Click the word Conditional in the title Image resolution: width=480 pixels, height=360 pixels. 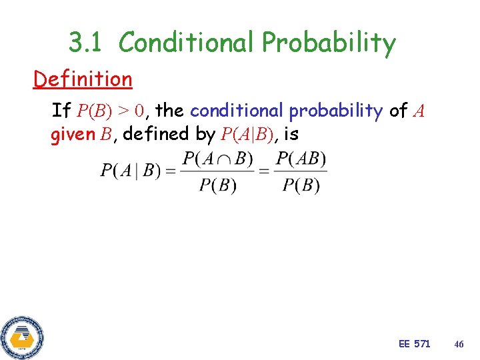[x=187, y=43]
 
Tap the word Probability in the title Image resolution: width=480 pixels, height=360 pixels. [x=329, y=43]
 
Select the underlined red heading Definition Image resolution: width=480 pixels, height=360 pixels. [x=83, y=79]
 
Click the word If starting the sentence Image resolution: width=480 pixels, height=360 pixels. [x=61, y=110]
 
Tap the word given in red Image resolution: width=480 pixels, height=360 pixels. [x=73, y=135]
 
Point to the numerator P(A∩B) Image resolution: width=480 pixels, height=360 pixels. [x=217, y=159]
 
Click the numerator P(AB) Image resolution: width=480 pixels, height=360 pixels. [x=301, y=159]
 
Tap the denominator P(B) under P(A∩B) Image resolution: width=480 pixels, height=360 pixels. [x=217, y=185]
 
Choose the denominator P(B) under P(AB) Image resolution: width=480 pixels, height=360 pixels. [x=301, y=185]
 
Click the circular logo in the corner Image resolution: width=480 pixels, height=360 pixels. [x=21, y=338]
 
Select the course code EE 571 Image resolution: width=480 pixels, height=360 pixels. [x=414, y=344]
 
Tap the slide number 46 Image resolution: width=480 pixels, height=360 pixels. [x=459, y=344]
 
